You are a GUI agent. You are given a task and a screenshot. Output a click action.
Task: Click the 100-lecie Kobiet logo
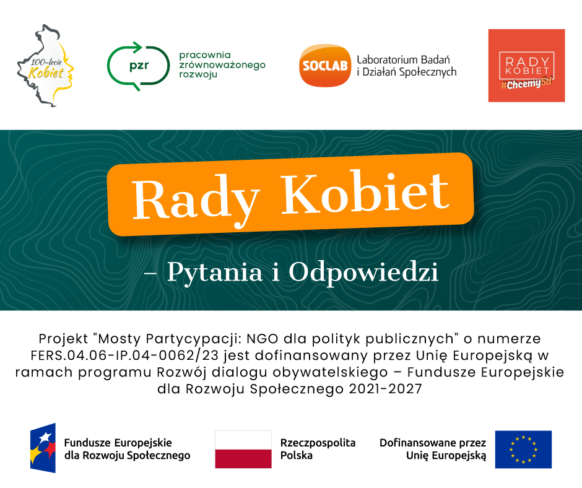[45, 66]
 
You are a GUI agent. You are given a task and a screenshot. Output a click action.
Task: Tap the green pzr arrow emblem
[138, 66]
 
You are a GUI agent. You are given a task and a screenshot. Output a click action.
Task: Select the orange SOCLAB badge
[325, 66]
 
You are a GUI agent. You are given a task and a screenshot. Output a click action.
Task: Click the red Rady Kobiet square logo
[526, 66]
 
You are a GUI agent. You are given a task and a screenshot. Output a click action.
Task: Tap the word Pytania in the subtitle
[215, 272]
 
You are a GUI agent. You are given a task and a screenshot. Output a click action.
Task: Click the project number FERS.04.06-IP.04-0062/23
[124, 355]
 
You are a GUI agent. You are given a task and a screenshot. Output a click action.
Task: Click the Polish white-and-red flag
[243, 450]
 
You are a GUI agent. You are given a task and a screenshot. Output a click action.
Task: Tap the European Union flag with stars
[523, 450]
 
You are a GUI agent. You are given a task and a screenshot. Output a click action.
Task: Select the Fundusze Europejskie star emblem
[43, 448]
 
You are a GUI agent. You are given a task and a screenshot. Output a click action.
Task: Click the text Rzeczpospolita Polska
[318, 449]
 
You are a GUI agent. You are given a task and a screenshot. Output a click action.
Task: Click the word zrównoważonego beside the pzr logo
[222, 65]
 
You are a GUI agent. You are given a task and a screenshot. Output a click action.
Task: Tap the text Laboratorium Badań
[403, 60]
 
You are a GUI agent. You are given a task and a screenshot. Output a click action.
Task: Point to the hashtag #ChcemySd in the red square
[526, 84]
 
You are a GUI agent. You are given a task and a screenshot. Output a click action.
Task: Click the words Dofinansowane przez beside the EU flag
[432, 443]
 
